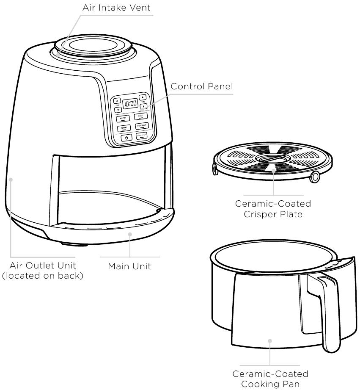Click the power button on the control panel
(126, 137)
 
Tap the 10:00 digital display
(131, 103)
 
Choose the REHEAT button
(124, 127)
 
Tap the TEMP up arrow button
(116, 101)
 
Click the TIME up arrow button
(143, 97)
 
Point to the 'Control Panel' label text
(201, 86)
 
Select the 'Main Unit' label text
(129, 266)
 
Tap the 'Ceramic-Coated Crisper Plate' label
(273, 209)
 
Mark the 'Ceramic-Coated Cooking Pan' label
(270, 379)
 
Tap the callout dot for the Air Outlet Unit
(11, 179)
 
